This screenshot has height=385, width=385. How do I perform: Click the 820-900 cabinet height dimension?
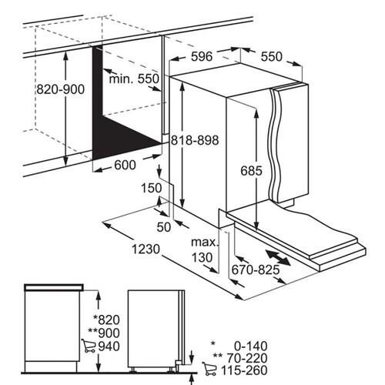tap(60, 89)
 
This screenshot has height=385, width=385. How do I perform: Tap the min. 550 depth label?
tap(134, 79)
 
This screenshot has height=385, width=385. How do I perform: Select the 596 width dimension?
tap(202, 56)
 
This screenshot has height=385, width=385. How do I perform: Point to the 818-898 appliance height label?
tap(195, 140)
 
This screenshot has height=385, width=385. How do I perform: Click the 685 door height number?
tap(251, 171)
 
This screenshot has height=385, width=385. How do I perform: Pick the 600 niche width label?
tap(125, 165)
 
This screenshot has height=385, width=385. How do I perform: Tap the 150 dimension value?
tap(152, 188)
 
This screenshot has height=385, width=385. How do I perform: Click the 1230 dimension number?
tap(146, 249)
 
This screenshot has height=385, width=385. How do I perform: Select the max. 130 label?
tap(204, 249)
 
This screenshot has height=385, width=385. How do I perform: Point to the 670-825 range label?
tap(256, 269)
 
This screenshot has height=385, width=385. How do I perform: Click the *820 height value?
tap(106, 320)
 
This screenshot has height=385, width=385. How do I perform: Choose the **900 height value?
tap(104, 333)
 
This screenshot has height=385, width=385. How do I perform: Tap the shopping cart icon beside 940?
tap(89, 346)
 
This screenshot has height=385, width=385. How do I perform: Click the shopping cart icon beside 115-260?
tap(209, 369)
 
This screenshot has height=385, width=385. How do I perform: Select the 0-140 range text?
tap(251, 346)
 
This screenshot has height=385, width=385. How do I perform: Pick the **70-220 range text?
tap(240, 358)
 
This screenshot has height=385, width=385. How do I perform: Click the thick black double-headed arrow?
tap(278, 257)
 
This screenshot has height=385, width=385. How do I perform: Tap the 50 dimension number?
tap(163, 227)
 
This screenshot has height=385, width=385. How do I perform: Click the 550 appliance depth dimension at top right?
tap(272, 56)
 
